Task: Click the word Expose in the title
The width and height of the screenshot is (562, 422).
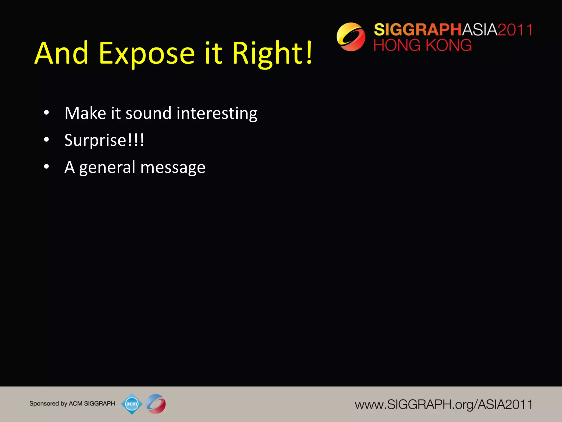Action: pos(147,54)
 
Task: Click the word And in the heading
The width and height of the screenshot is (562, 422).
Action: pos(61,54)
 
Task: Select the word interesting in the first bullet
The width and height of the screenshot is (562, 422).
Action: pos(217,113)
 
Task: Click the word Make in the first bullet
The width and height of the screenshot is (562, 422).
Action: pos(85,113)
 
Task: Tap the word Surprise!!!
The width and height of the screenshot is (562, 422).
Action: pos(104,140)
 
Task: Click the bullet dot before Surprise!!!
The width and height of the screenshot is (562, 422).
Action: pos(46,140)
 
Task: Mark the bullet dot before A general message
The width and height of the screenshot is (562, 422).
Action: pos(46,167)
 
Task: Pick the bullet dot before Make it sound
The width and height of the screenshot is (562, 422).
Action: pos(46,113)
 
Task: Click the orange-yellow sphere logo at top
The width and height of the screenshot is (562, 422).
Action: pos(351,37)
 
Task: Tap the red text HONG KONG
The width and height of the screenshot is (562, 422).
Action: pos(423,45)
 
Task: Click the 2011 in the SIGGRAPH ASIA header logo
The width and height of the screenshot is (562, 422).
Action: pos(515,30)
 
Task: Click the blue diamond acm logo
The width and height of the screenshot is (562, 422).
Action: pos(132,404)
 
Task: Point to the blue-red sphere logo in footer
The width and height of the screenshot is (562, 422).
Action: pos(156,404)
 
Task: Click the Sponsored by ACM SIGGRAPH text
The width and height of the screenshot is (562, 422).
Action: pos(72,404)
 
